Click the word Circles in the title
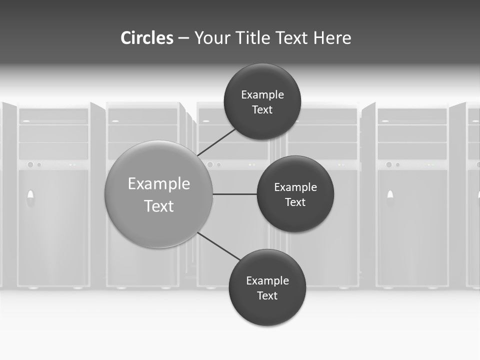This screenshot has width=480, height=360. [146, 38]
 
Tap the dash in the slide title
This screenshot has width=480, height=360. [183, 38]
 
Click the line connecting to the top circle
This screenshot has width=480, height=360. [217, 142]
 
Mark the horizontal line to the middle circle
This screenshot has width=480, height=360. [234, 194]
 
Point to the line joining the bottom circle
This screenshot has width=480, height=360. [219, 246]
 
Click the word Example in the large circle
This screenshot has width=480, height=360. [159, 184]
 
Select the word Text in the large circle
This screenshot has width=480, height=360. [159, 206]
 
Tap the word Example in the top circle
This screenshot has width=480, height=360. [262, 94]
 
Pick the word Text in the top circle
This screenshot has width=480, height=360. [262, 109]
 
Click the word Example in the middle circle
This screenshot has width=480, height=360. [295, 187]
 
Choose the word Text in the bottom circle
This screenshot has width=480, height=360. [267, 295]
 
